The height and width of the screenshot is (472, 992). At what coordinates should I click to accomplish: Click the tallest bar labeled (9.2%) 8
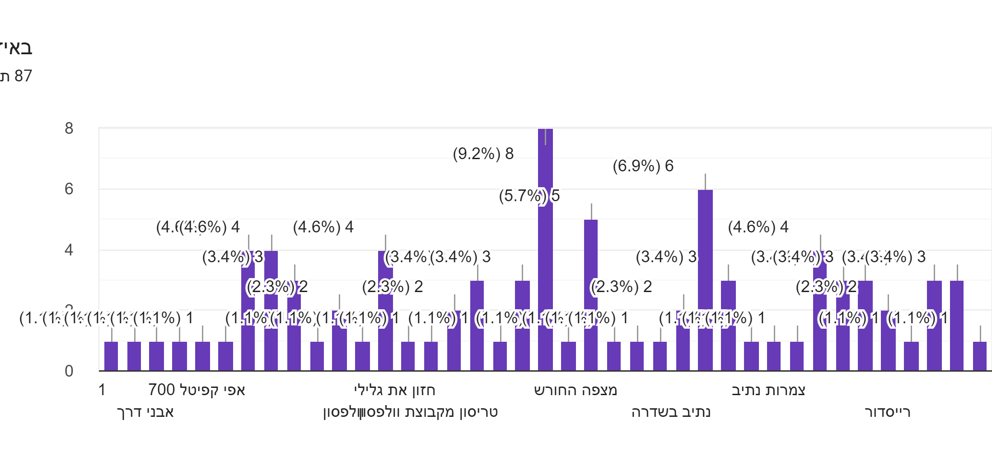pos(545,249)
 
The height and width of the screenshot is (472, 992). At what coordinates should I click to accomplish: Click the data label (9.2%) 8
pos(483,154)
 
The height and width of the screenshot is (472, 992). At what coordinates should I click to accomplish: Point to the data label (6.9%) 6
pos(643,166)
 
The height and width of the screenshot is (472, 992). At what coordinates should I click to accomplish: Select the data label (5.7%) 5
pos(529,196)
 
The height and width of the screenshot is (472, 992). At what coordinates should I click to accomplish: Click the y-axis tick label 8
pos(69,128)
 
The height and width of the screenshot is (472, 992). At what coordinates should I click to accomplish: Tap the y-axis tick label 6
pos(69,189)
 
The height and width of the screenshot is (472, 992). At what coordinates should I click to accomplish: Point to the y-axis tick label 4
pos(69,250)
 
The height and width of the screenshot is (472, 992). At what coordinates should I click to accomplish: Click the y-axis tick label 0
pos(69,371)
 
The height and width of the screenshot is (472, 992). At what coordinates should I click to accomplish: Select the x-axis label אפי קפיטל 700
pos(197,390)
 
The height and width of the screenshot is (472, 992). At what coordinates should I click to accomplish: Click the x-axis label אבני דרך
pos(145,412)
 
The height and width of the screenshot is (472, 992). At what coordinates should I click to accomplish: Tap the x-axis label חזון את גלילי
pos(394,390)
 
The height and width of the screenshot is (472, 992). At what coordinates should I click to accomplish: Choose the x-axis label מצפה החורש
pos(575,390)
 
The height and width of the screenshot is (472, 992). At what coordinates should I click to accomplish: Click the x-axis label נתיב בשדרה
pos(671,412)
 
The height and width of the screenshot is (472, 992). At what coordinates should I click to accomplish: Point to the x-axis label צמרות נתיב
pos(768,390)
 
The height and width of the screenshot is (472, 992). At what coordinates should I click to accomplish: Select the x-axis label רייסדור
pos(887,412)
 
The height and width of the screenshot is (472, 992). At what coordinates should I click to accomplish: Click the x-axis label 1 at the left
pos(102,390)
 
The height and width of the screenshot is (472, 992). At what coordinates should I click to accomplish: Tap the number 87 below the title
pos(23,76)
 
